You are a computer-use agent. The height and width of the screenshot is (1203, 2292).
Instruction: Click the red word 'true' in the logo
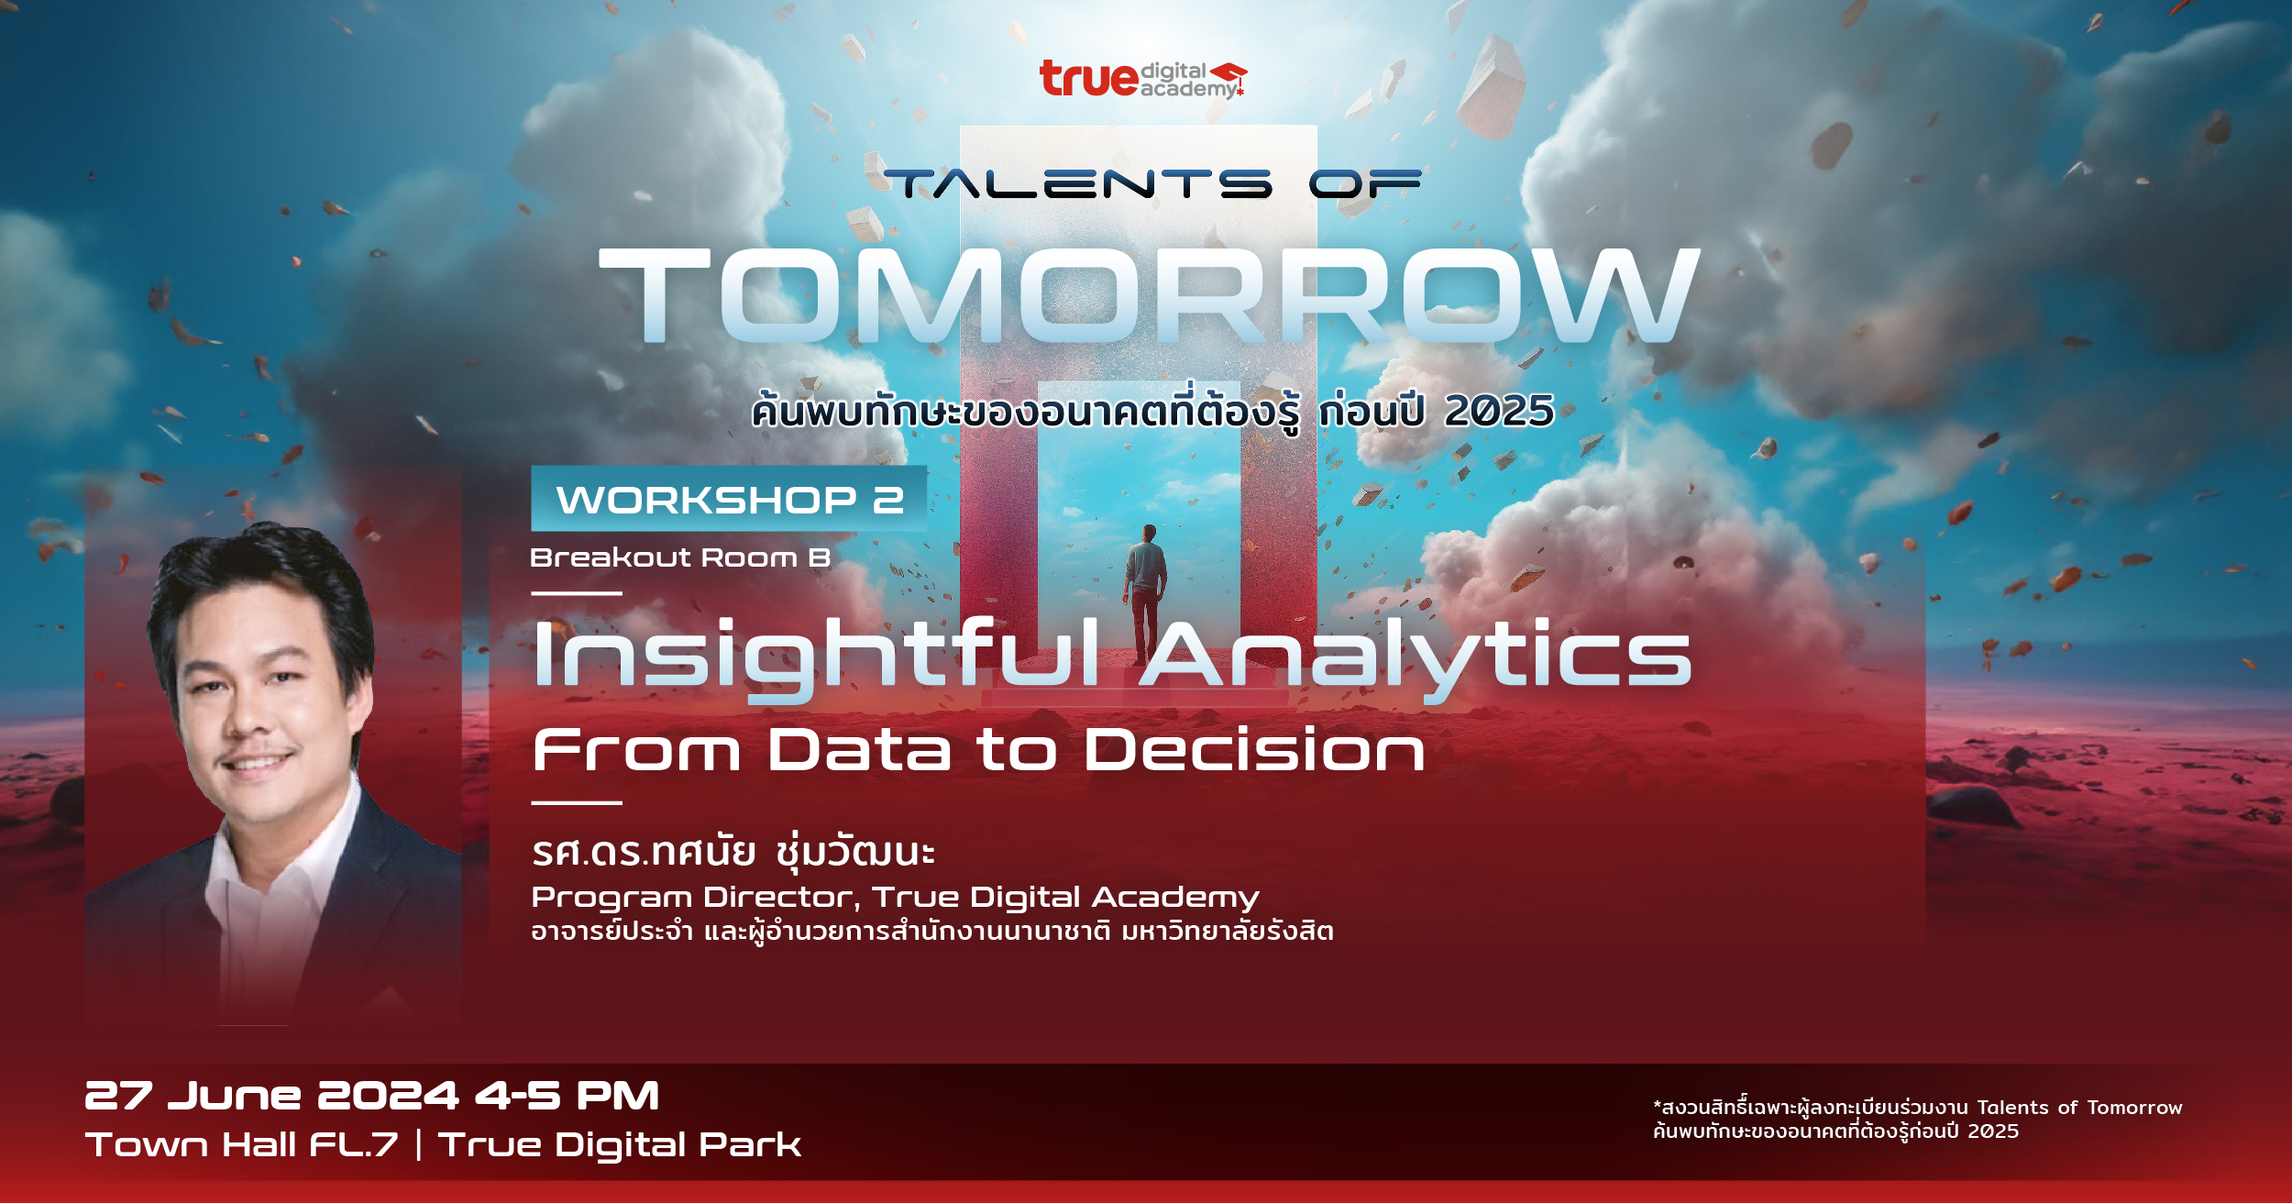(1088, 79)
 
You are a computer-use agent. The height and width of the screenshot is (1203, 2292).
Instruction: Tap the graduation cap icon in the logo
(1229, 73)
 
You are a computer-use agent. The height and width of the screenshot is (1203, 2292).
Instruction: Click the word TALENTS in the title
(1077, 184)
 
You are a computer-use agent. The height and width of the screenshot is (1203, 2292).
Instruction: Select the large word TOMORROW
(1149, 296)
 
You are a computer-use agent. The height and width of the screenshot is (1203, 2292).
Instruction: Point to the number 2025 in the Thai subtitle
(1499, 411)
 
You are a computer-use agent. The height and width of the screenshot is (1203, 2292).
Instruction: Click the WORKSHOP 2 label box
(729, 500)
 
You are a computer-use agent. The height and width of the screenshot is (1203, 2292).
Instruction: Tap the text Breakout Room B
(680, 557)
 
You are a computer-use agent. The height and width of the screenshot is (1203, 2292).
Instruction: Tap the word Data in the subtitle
(859, 750)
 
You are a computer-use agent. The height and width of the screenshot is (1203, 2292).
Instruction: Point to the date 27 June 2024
(271, 1096)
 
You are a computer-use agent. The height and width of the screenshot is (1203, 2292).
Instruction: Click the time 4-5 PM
(567, 1096)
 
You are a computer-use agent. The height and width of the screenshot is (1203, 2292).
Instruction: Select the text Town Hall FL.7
(242, 1144)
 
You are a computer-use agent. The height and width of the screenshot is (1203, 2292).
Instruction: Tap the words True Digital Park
(620, 1144)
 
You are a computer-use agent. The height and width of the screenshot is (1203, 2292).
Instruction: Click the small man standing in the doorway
(1145, 591)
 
